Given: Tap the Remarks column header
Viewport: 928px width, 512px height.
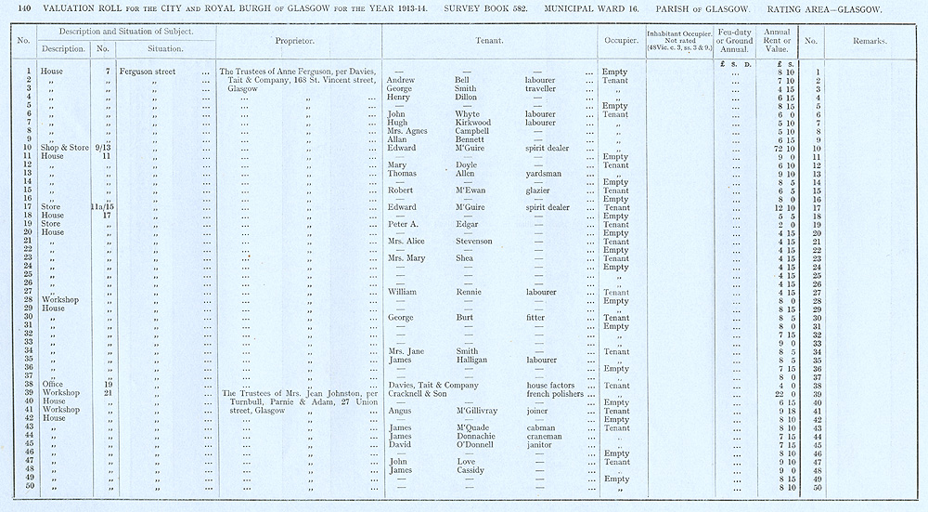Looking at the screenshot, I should pyautogui.click(x=870, y=42).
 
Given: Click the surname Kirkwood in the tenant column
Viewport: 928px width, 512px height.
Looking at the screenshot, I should pyautogui.click(x=473, y=123).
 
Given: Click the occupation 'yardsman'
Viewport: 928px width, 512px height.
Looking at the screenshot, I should pyautogui.click(x=545, y=174).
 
